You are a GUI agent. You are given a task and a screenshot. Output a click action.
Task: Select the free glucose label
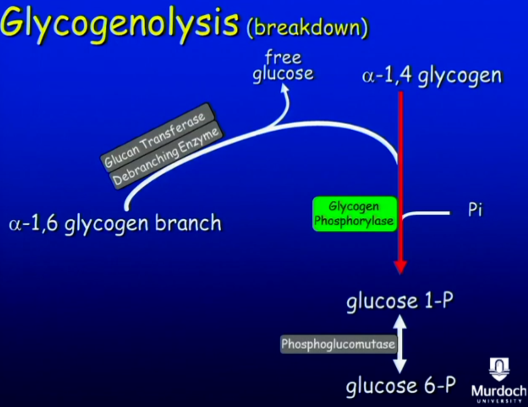coord(283,66)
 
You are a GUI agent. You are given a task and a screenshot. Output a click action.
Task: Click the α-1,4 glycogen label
coord(432,75)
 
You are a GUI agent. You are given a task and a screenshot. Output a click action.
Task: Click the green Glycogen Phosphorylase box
coord(354,214)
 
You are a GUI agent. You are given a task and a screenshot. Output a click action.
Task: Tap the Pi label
coord(475,209)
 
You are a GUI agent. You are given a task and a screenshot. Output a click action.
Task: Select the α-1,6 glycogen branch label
coord(115,223)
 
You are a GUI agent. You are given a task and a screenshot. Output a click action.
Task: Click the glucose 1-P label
coord(400,301)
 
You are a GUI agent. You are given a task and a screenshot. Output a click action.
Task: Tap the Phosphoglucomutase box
coord(338,344)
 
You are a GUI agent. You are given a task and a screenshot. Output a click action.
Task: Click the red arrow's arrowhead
coord(401,267)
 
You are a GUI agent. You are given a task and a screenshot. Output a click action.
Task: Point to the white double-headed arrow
coord(400,344)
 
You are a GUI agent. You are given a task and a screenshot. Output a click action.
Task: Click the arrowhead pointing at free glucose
coord(285,89)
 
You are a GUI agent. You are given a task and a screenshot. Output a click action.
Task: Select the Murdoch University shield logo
coord(499,369)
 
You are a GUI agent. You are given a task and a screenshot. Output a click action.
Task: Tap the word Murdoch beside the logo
coord(499,391)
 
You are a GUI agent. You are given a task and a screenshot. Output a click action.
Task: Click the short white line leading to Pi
coord(427,213)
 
